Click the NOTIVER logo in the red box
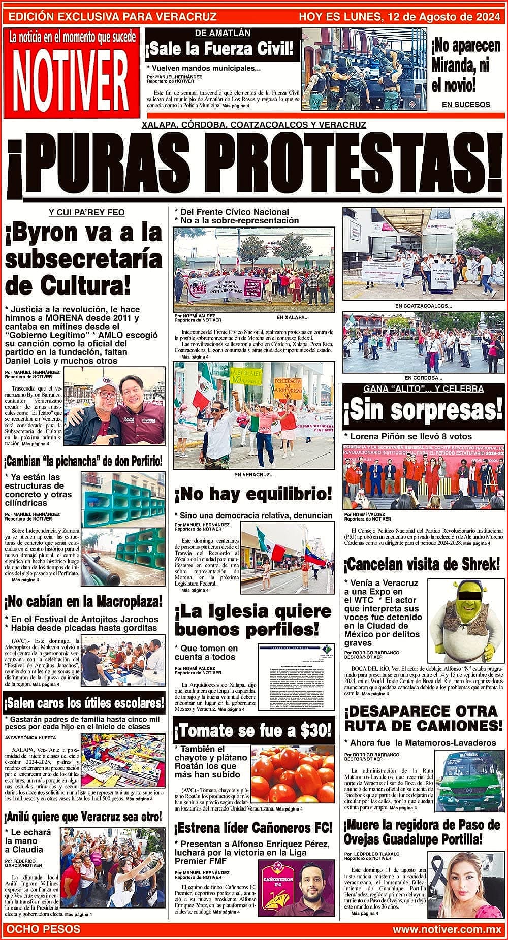click(x=71, y=79)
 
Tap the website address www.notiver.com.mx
click(x=447, y=929)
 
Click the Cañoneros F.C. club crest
click(x=276, y=881)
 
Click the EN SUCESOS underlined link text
click(x=466, y=105)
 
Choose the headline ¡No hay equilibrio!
click(x=253, y=493)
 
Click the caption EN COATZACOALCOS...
click(x=423, y=306)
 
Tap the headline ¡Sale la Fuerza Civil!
click(x=219, y=49)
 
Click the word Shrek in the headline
click(x=477, y=564)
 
